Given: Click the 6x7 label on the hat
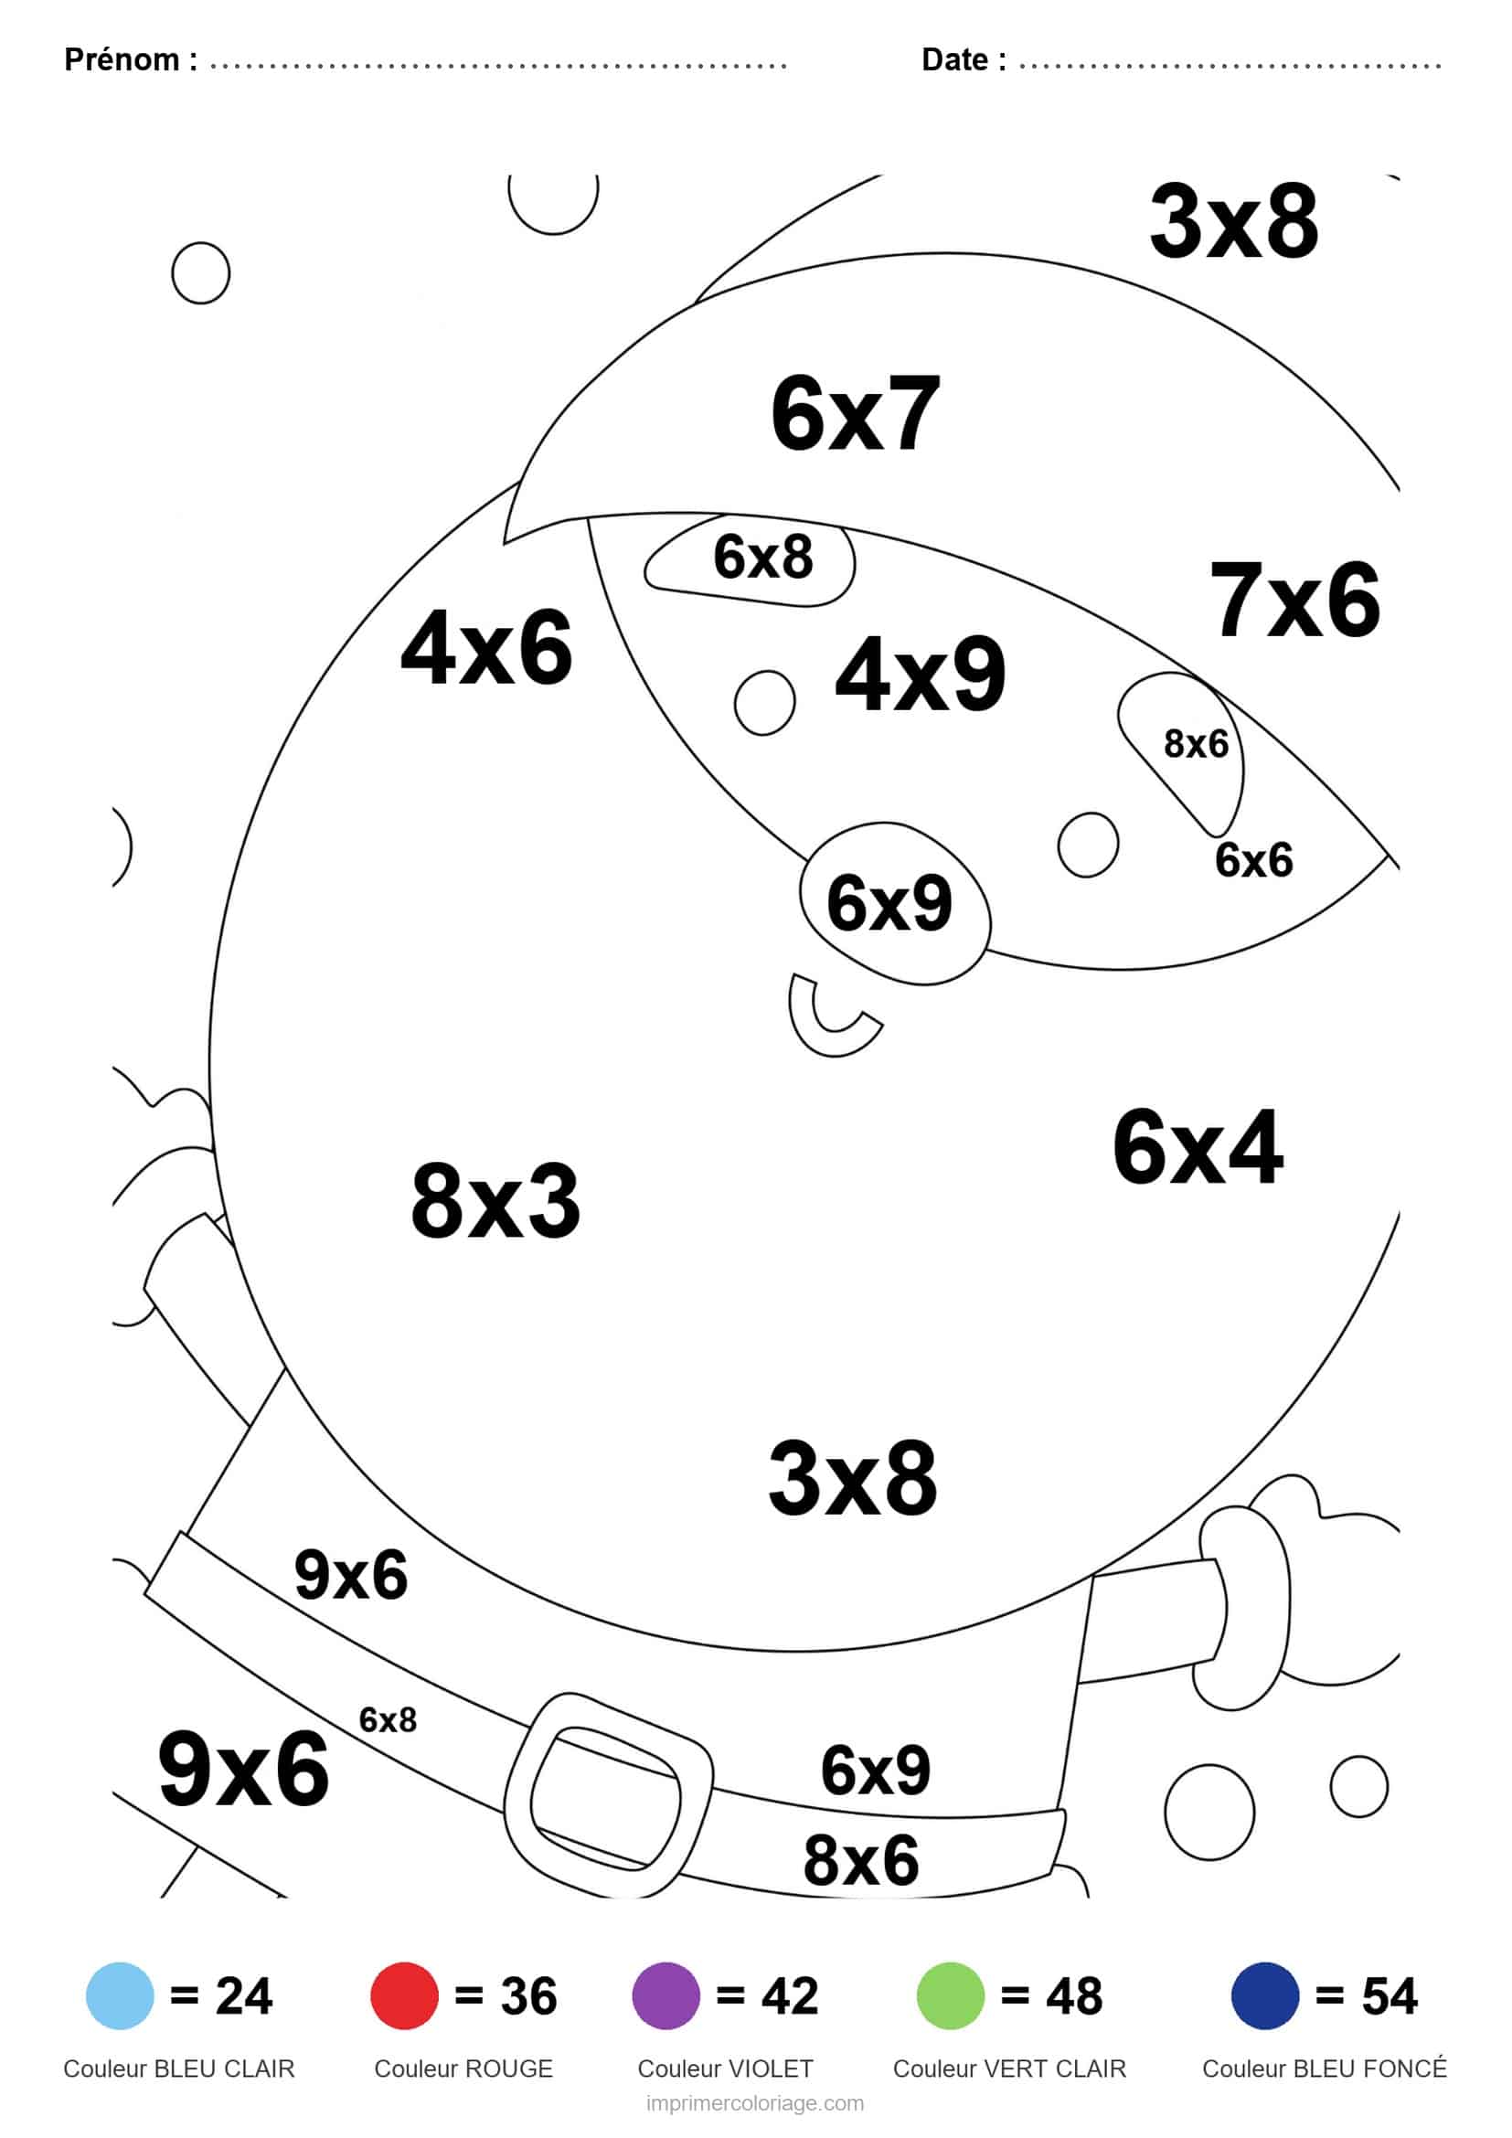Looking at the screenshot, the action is tap(855, 413).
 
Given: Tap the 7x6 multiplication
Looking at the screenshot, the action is tap(1294, 601).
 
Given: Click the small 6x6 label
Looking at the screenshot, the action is tap(1253, 859).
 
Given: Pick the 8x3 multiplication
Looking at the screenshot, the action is tap(495, 1201).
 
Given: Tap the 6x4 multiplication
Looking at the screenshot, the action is tap(1198, 1148).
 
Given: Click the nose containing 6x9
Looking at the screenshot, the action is tap(894, 902).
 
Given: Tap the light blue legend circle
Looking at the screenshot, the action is tap(119, 1995).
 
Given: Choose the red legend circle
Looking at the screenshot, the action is tap(404, 1995).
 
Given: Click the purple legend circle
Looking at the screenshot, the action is tap(665, 1995).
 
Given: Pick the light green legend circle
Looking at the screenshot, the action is tap(951, 1995).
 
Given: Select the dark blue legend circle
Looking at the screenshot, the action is tap(1264, 1995).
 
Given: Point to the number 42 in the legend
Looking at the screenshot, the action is tap(790, 1995).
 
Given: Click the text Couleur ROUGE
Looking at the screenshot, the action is tap(463, 2069).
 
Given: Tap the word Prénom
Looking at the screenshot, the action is tap(122, 59).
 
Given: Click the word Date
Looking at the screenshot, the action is tap(955, 59).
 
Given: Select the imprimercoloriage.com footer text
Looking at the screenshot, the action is tap(755, 2104).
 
